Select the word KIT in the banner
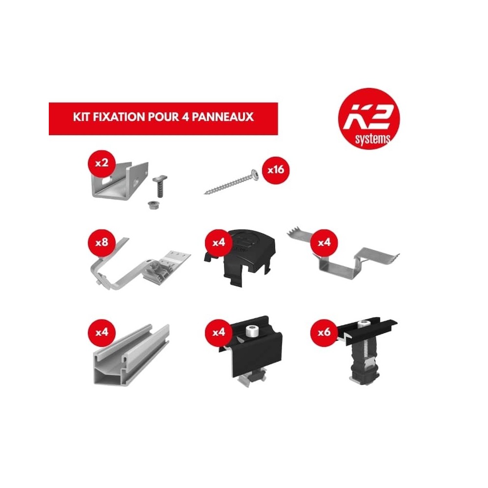tap(80, 118)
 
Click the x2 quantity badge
tap(101, 163)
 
